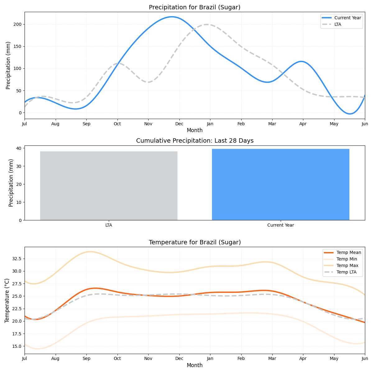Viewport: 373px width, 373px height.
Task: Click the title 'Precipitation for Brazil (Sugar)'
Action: [195, 7]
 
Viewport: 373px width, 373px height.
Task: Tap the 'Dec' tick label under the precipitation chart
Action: [179, 124]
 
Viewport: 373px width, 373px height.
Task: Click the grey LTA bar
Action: [109, 186]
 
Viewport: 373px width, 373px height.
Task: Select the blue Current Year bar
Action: [280, 184]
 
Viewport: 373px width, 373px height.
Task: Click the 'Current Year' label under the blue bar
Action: [280, 225]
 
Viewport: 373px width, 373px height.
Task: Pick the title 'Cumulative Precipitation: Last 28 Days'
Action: [195, 141]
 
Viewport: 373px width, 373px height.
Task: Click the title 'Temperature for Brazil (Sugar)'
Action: [195, 242]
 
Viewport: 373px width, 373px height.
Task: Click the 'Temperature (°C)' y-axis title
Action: [7, 300]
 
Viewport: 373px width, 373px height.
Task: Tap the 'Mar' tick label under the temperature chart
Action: [272, 359]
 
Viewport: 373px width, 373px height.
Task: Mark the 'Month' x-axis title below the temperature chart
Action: [195, 366]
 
